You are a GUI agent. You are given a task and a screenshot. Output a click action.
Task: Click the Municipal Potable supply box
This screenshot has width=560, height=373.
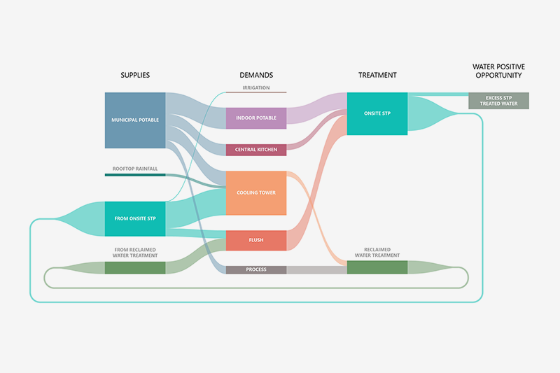click(135, 120)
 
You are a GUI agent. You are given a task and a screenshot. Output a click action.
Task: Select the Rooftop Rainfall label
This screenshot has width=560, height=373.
click(135, 169)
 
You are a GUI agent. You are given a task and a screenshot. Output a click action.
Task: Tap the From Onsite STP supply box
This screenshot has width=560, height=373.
click(135, 218)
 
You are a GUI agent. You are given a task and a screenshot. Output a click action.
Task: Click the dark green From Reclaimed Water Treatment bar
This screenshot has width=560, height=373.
click(135, 267)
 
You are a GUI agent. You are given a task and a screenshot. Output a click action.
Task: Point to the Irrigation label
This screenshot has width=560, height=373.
click(255, 88)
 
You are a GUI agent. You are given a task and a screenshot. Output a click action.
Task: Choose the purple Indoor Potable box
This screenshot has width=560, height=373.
click(255, 118)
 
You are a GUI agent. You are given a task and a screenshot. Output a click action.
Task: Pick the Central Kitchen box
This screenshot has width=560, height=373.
click(255, 150)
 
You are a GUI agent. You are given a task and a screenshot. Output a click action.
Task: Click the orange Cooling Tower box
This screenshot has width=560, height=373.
click(255, 192)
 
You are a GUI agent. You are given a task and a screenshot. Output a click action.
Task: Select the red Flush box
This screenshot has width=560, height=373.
click(255, 240)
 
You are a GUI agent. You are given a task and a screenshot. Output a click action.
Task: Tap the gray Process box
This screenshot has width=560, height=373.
click(255, 269)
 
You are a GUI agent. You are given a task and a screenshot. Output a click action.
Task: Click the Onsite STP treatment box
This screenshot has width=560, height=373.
click(377, 113)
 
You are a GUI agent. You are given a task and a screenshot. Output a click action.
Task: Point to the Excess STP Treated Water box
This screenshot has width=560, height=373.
click(498, 101)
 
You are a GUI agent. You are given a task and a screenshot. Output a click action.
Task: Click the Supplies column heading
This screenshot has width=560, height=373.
click(135, 75)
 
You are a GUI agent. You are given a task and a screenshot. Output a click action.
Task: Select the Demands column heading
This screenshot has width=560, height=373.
click(255, 75)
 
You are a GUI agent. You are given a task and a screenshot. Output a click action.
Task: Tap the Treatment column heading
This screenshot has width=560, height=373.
click(377, 75)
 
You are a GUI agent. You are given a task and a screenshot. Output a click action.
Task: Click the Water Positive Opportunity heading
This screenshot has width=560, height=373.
click(498, 71)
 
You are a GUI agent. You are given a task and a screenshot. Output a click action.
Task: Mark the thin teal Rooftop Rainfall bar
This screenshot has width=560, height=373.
click(135, 175)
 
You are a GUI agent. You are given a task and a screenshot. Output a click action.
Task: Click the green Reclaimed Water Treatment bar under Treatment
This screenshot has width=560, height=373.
click(377, 267)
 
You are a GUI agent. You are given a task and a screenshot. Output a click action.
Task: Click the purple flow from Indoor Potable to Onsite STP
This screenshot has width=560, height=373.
click(316, 108)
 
